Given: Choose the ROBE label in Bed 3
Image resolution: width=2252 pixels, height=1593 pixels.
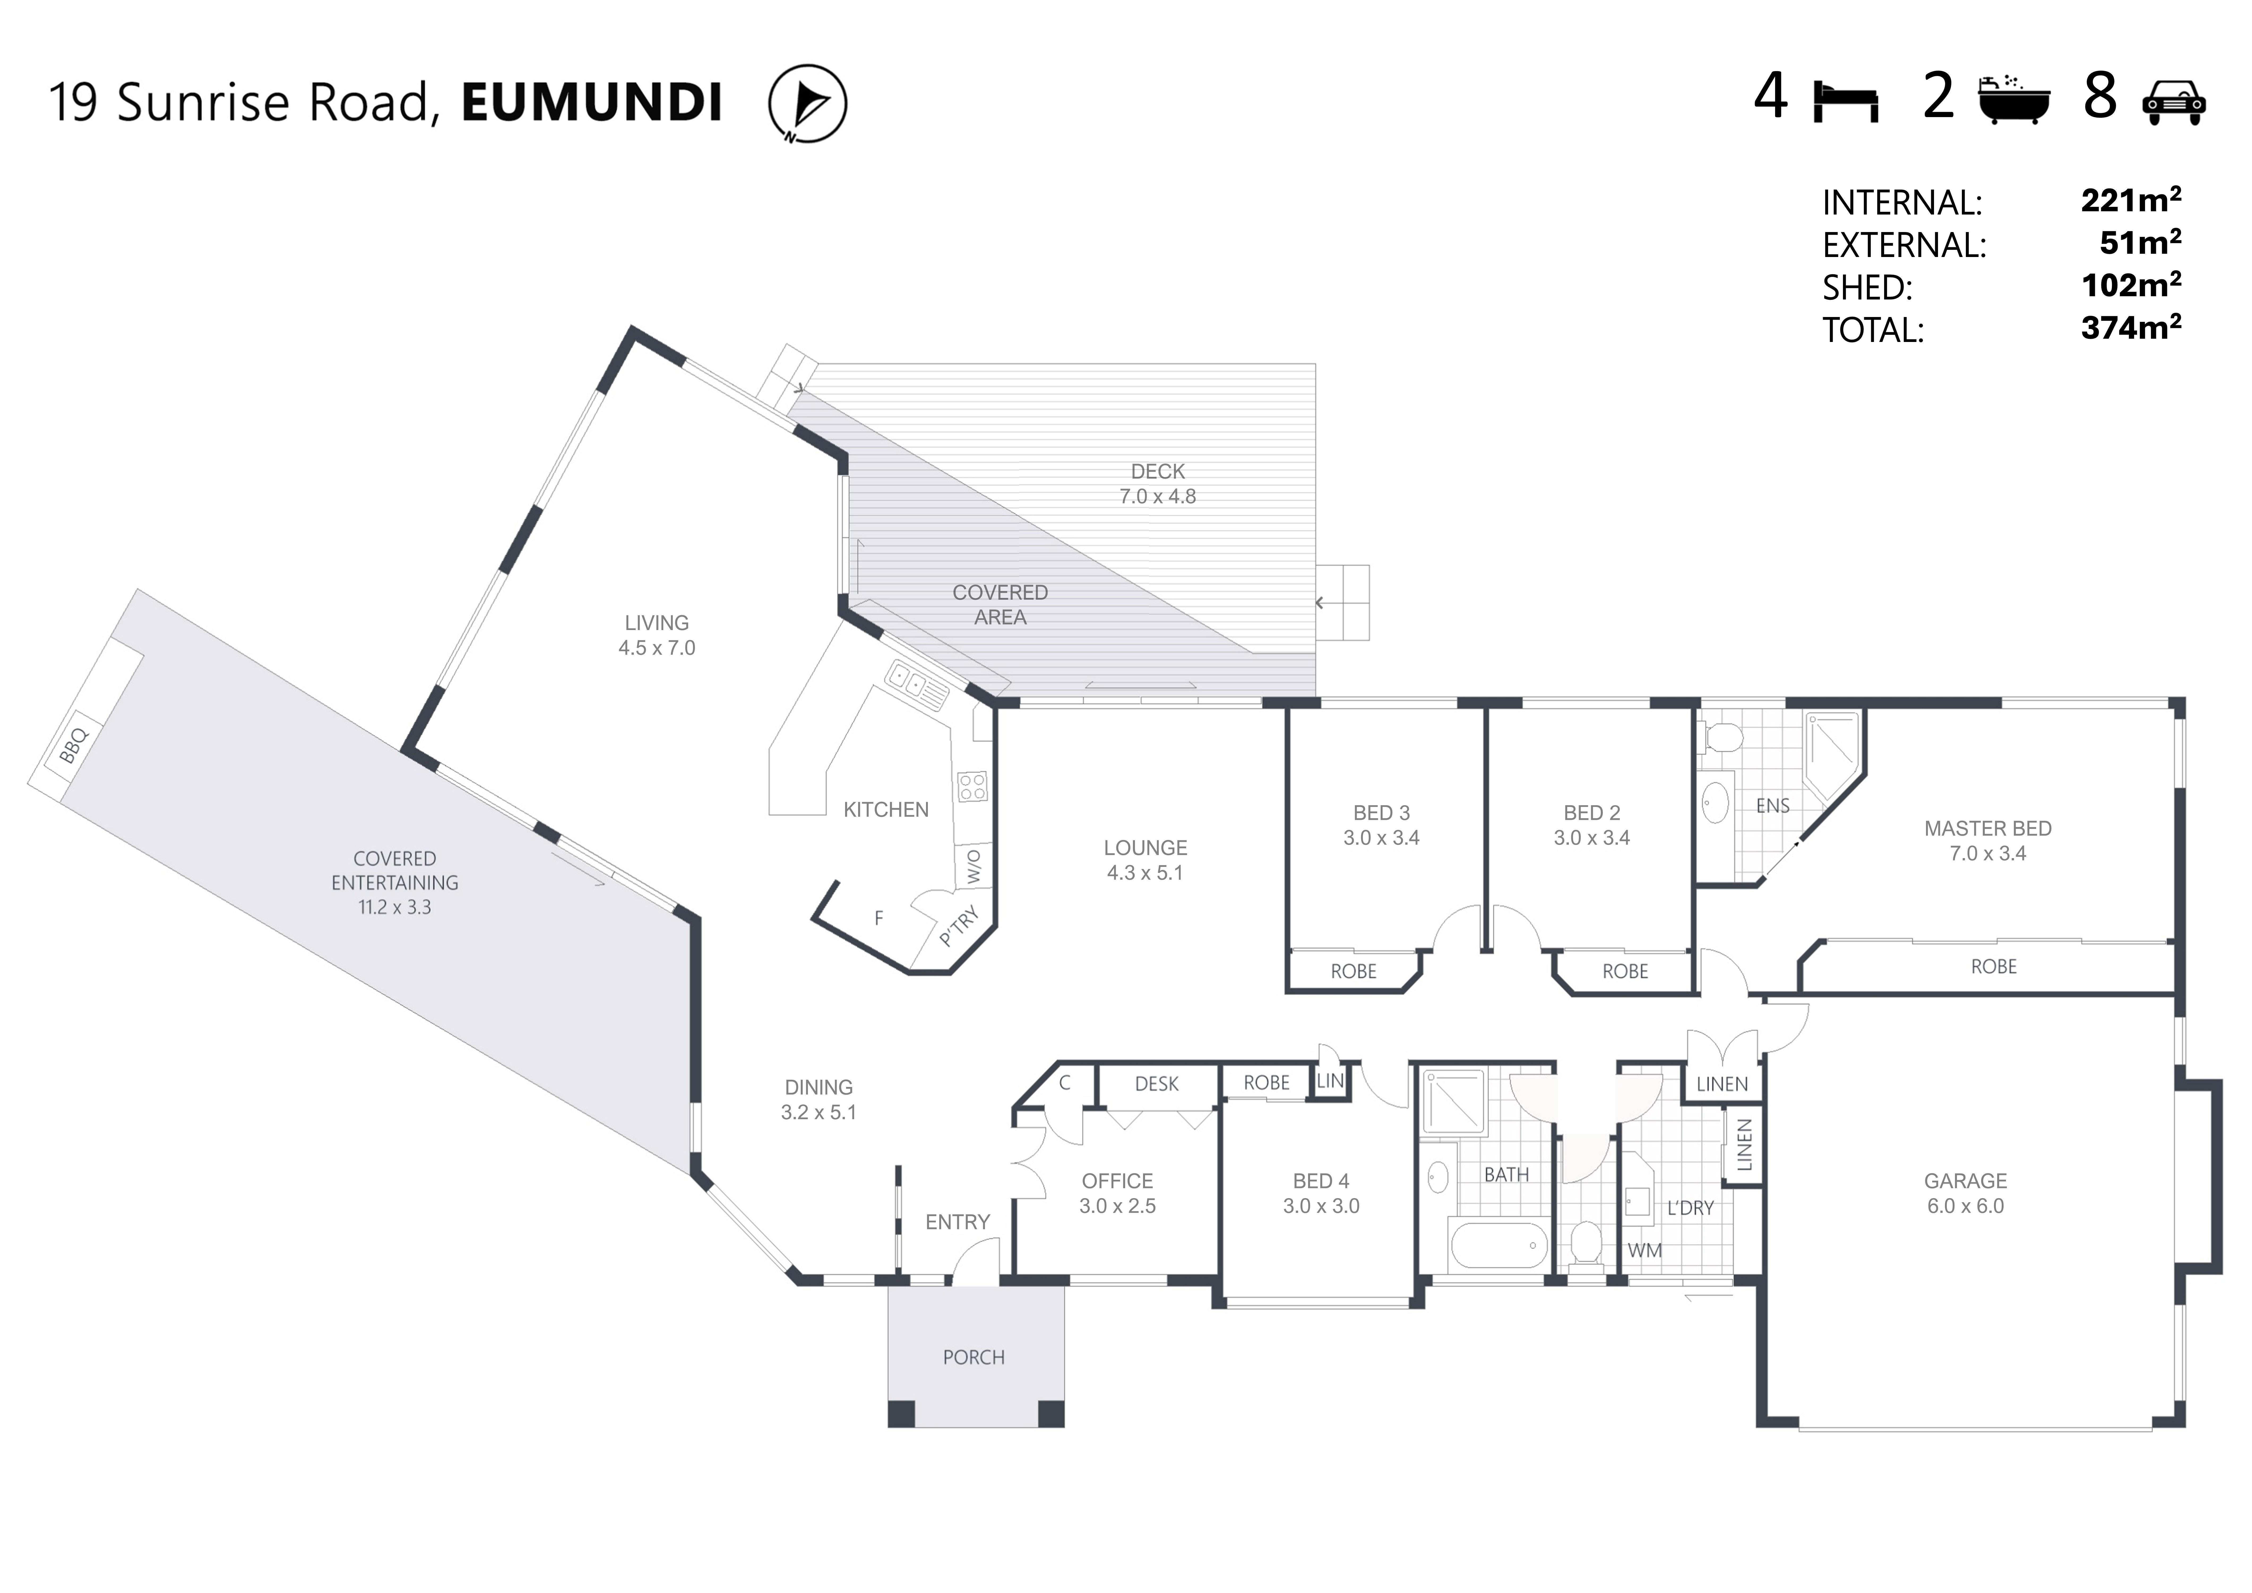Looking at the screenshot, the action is pos(1354,971).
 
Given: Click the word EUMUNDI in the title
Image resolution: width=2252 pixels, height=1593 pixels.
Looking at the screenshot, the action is pos(591,102).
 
